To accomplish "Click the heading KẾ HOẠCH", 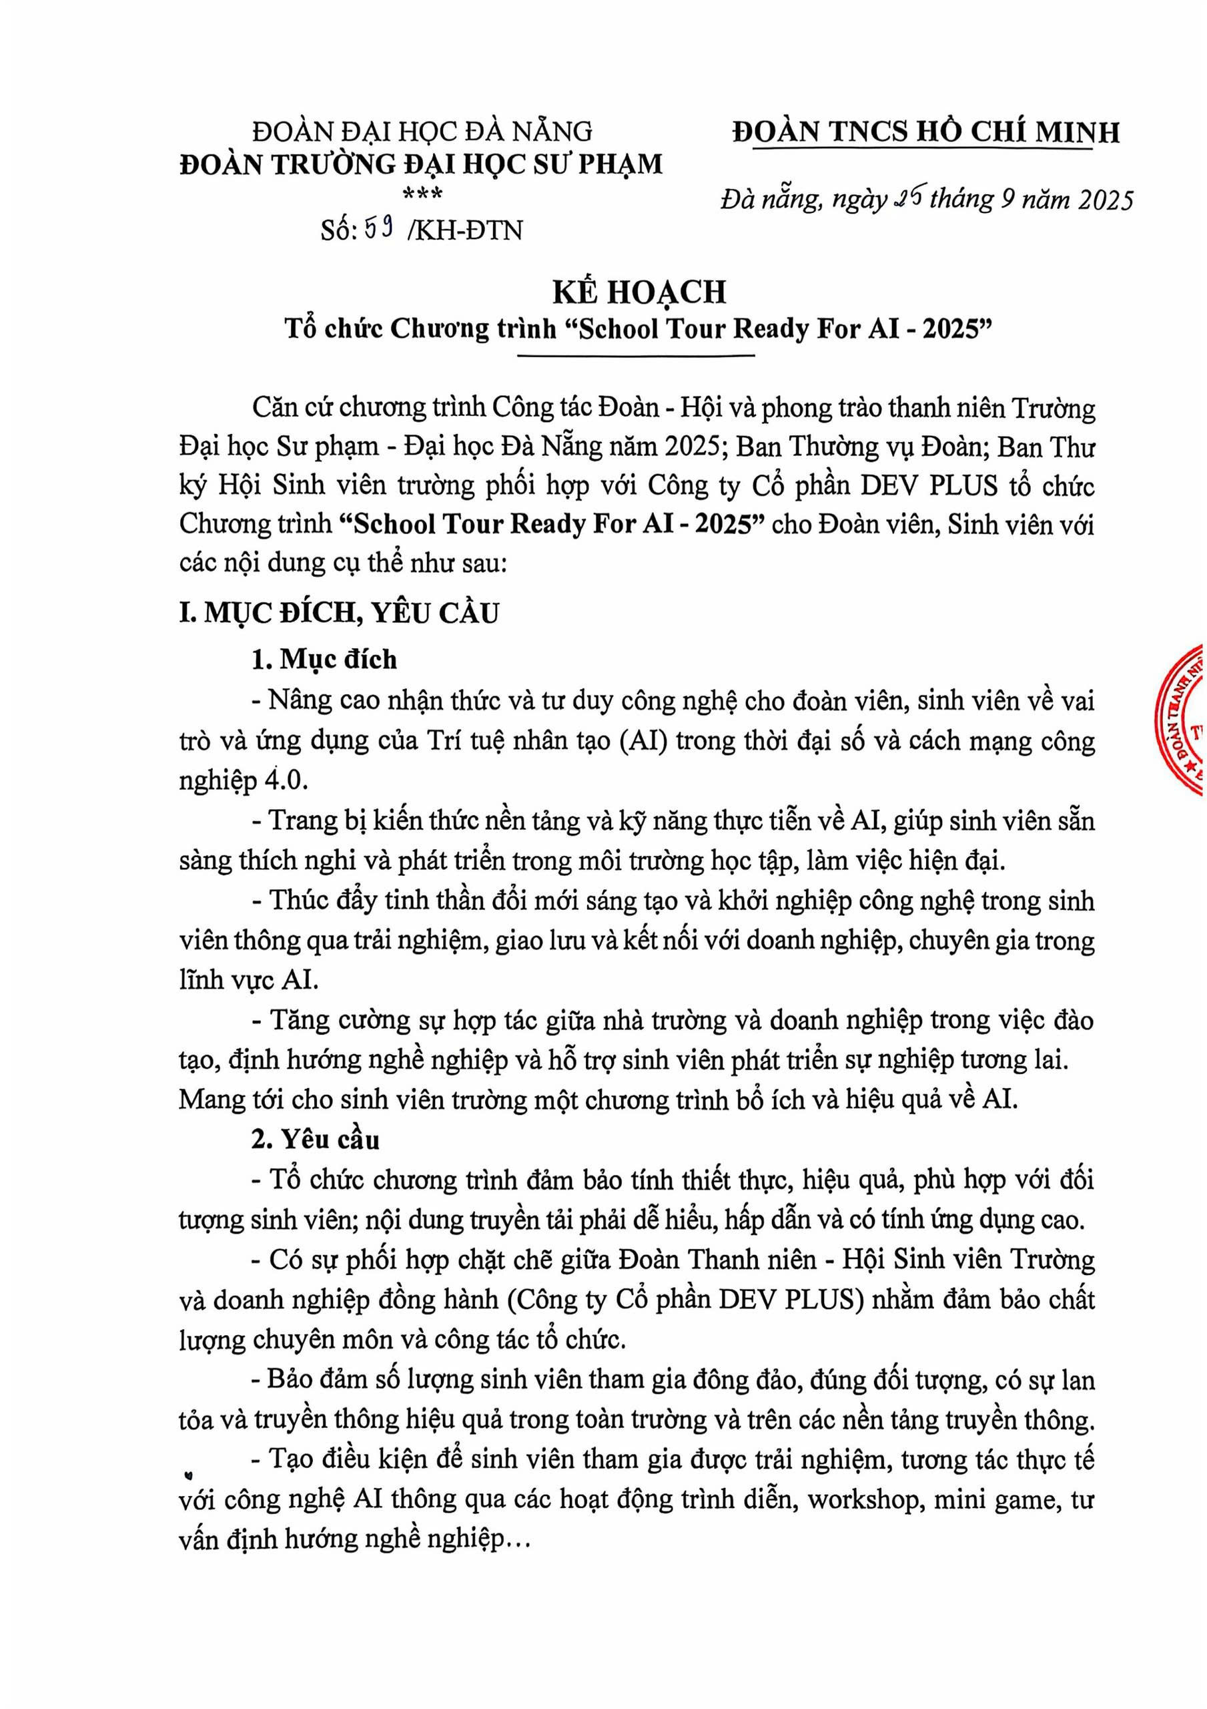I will pyautogui.click(x=639, y=292).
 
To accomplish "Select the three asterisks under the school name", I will pyautogui.click(x=422, y=195).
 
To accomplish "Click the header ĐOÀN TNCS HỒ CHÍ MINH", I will pyautogui.click(x=925, y=132).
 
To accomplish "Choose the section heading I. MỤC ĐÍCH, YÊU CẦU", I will pyautogui.click(x=338, y=614).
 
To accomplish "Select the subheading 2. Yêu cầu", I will pyautogui.click(x=316, y=1140).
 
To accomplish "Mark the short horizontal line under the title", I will pyautogui.click(x=639, y=356).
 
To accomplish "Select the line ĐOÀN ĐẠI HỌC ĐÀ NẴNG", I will pyautogui.click(x=422, y=132).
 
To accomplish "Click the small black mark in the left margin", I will pyautogui.click(x=187, y=1472).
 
